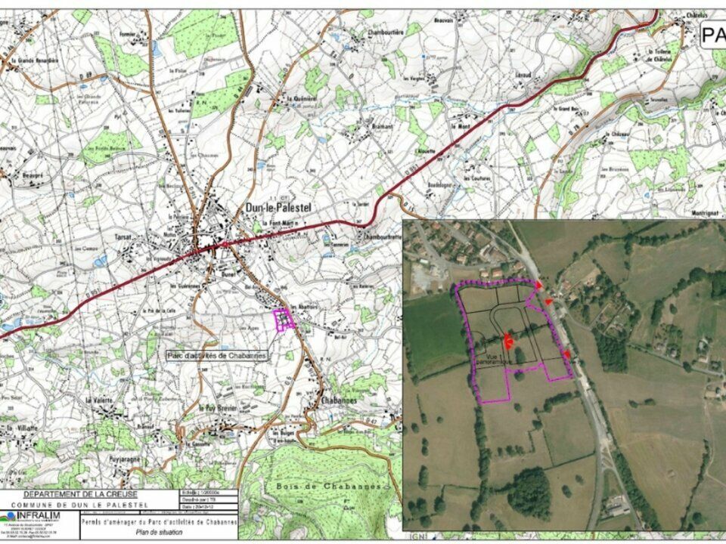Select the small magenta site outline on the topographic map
pyautogui.click(x=284, y=320)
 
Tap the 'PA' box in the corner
pyautogui.click(x=712, y=35)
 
